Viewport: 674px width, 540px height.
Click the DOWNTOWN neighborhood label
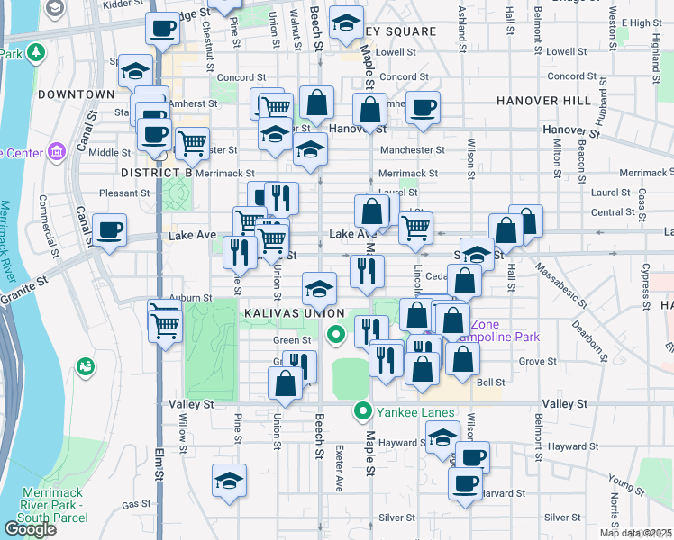[77, 94]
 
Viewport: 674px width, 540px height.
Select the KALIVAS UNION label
[281, 312]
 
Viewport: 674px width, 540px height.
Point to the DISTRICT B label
[157, 172]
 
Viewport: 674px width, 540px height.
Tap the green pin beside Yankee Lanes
[363, 411]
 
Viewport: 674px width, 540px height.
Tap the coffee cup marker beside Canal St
[109, 230]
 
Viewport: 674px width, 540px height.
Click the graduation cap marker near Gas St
[230, 481]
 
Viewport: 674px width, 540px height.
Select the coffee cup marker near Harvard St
[466, 483]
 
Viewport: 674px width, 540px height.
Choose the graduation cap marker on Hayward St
[442, 437]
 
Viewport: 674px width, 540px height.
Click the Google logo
[30, 528]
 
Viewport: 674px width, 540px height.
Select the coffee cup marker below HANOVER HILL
[423, 108]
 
